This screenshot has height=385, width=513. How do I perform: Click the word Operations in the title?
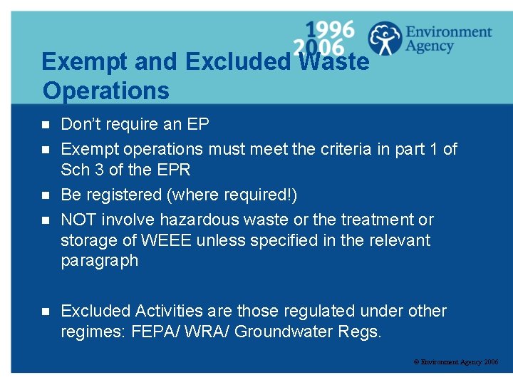[x=105, y=91]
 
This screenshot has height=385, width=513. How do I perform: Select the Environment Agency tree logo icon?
[x=385, y=38]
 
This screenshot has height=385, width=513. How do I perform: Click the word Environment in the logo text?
[x=448, y=32]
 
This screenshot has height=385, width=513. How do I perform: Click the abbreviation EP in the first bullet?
[x=198, y=125]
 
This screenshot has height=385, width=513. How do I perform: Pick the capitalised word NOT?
[x=80, y=220]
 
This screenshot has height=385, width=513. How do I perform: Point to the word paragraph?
[x=100, y=261]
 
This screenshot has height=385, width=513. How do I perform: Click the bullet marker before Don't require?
[x=45, y=125]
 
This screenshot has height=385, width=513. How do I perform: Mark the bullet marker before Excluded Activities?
[x=45, y=312]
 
